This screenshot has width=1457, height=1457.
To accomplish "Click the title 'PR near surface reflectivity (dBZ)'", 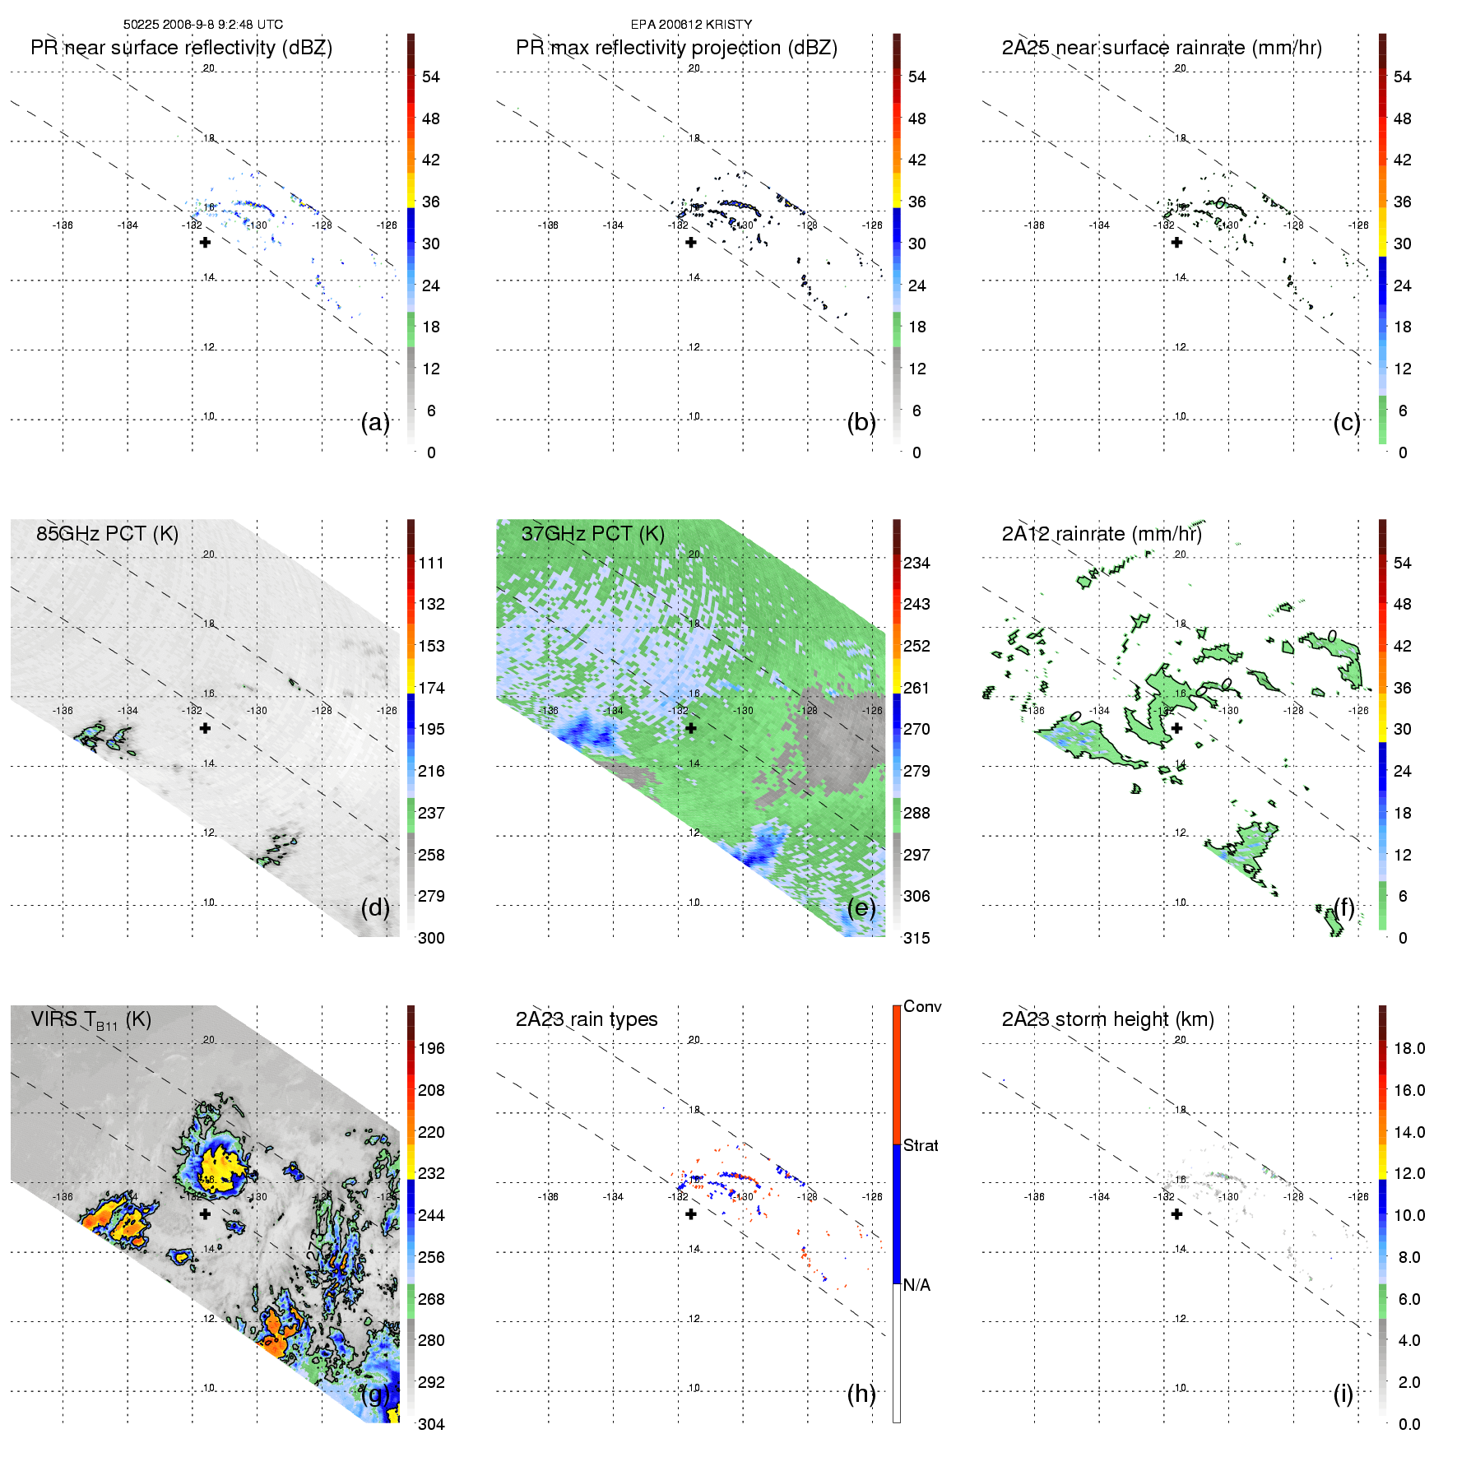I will pyautogui.click(x=181, y=48).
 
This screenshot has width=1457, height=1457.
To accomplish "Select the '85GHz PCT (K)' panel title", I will pyautogui.click(x=107, y=533).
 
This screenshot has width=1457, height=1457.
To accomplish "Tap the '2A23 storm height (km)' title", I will pyautogui.click(x=1107, y=1019).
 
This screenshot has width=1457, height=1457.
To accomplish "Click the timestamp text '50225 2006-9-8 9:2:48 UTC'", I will pyautogui.click(x=202, y=25).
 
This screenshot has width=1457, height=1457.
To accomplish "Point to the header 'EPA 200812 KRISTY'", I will pyautogui.click(x=691, y=25).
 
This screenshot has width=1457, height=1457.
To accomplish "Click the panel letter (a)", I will pyautogui.click(x=375, y=422).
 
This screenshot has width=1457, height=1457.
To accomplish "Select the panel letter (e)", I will pyautogui.click(x=861, y=907).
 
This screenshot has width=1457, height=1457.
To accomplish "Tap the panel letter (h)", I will pyautogui.click(x=861, y=1394).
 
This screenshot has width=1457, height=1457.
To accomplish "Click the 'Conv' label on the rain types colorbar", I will pyautogui.click(x=922, y=1006).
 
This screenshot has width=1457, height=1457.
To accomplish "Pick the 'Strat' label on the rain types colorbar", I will pyautogui.click(x=921, y=1145).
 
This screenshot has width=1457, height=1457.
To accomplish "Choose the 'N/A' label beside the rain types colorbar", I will pyautogui.click(x=916, y=1285).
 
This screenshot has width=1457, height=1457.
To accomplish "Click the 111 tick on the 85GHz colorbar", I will pyautogui.click(x=431, y=563).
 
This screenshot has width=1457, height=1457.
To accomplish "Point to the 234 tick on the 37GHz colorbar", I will pyautogui.click(x=916, y=563).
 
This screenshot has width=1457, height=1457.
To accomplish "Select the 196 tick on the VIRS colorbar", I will pyautogui.click(x=431, y=1048).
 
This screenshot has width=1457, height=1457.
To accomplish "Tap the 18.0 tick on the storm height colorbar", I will pyautogui.click(x=1409, y=1048).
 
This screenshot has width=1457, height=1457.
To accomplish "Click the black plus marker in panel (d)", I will pyautogui.click(x=205, y=728).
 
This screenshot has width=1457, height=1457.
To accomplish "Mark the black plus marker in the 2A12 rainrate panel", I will pyautogui.click(x=1176, y=728).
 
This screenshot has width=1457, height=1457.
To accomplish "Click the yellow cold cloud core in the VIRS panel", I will pyautogui.click(x=220, y=1166).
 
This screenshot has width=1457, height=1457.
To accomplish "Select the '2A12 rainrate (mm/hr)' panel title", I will pyautogui.click(x=1102, y=533).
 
